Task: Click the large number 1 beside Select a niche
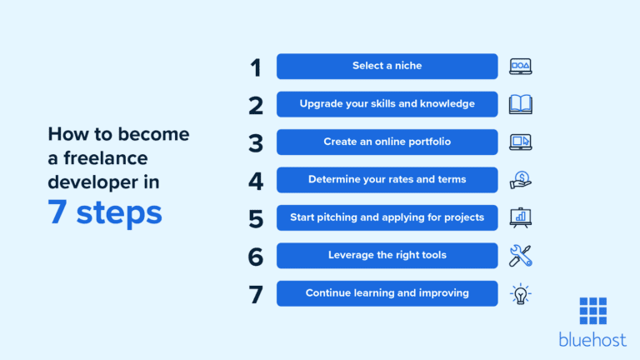click(x=256, y=67)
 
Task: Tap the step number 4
click(x=256, y=181)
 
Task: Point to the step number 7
click(x=256, y=295)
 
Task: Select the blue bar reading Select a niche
click(x=387, y=66)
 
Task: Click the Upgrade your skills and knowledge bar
click(x=387, y=104)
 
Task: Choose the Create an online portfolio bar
click(x=387, y=142)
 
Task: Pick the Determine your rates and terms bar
click(x=387, y=180)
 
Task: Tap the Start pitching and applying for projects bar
click(x=387, y=217)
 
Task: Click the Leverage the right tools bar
click(x=387, y=256)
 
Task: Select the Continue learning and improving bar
click(x=387, y=293)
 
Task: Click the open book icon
click(x=520, y=104)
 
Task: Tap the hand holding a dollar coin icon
click(x=520, y=180)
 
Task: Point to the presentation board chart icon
click(x=520, y=217)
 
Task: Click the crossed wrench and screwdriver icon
click(x=520, y=256)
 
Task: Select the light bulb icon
click(x=520, y=294)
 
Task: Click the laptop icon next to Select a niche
click(x=520, y=67)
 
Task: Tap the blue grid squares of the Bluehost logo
click(x=593, y=311)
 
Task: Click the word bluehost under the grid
click(x=592, y=340)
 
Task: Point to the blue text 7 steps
click(x=105, y=212)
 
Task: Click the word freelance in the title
click(x=105, y=158)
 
